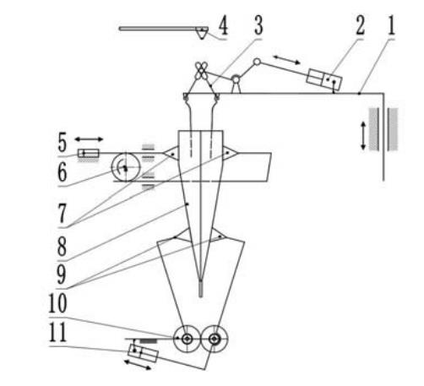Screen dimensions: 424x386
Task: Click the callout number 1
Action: click(392, 25)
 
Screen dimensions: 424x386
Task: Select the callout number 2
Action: click(360, 25)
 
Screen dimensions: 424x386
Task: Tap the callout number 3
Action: click(258, 25)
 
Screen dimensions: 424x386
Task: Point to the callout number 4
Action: click(223, 25)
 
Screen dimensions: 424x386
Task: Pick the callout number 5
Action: click(63, 143)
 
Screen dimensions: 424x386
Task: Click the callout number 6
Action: click(63, 171)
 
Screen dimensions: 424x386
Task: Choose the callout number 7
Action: click(63, 213)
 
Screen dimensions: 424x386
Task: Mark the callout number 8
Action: click(62, 246)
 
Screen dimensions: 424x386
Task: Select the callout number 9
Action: click(62, 275)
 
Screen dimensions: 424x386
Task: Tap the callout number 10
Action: click(57, 303)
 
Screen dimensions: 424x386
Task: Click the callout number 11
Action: click(57, 332)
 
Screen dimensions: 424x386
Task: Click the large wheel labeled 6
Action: click(126, 167)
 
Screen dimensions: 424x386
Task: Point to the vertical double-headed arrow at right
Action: click(363, 135)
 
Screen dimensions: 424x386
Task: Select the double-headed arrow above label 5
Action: click(89, 139)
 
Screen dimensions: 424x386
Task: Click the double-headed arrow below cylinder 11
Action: click(138, 365)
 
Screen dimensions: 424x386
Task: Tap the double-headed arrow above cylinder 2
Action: click(287, 60)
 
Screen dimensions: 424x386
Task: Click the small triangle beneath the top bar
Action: click(202, 34)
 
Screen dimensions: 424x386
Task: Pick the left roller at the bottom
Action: click(187, 339)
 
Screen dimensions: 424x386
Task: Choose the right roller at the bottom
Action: click(215, 339)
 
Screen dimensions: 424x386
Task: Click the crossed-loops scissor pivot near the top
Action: click(201, 70)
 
